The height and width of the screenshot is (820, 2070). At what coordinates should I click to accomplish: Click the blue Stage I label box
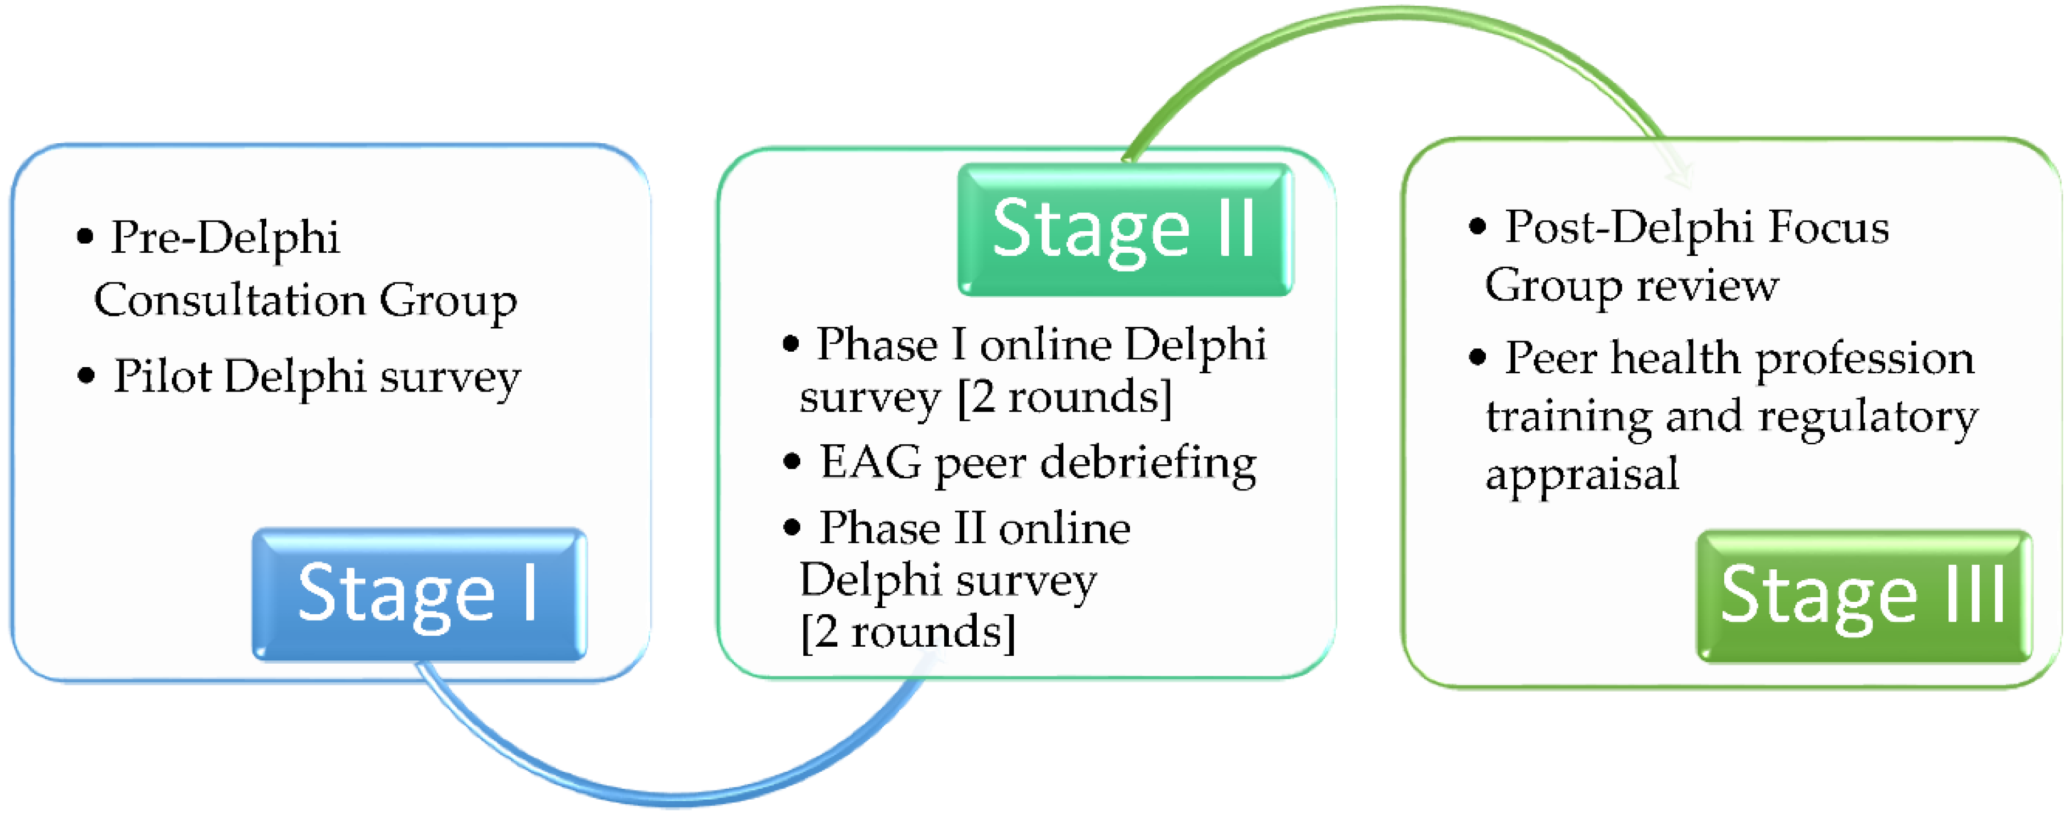click(419, 594)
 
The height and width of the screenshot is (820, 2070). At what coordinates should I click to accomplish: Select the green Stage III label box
click(1863, 596)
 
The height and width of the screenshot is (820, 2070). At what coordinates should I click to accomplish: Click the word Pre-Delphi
click(225, 238)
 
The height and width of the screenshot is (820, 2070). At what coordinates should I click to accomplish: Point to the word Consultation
click(230, 301)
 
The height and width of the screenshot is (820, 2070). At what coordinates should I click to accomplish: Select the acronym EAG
click(870, 463)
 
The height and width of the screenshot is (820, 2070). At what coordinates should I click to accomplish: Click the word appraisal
click(1581, 474)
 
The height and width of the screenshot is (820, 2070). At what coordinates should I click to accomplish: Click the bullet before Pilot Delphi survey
click(86, 375)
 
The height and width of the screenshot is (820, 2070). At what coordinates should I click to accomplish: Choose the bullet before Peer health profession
click(1477, 357)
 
